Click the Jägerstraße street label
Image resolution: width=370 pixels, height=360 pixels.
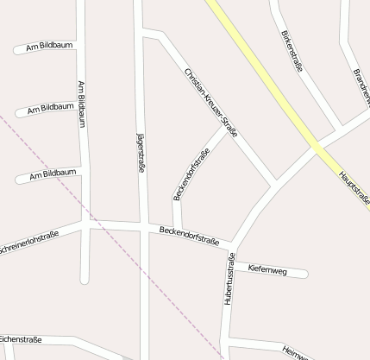pos(141,154)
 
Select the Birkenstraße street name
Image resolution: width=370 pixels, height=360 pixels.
pos(292,50)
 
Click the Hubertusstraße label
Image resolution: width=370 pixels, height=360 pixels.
pos(230,280)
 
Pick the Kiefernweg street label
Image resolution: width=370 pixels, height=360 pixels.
pos(267,269)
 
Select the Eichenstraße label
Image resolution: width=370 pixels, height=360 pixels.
pos(21,339)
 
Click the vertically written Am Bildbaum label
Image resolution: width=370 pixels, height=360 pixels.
pos(82,104)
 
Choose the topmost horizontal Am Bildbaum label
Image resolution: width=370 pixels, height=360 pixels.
pos(50,45)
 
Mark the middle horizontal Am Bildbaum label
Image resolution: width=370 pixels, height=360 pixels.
pos(50,109)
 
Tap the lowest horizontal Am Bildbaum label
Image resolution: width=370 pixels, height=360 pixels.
pos(53,174)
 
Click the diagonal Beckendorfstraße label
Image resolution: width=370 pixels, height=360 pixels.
pos(191,175)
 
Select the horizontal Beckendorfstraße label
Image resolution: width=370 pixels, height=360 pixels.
pos(190,233)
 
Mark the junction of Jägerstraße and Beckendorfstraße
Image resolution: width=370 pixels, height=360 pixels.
pos(144,226)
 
